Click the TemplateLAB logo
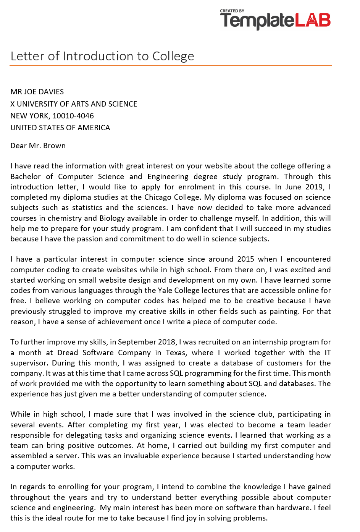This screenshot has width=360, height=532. tap(275, 21)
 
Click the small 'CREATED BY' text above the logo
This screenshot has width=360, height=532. tap(232, 11)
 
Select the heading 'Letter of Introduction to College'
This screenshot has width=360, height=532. tap(102, 56)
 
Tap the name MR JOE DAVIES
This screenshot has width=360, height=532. tap(37, 92)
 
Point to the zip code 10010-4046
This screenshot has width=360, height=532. tap(73, 116)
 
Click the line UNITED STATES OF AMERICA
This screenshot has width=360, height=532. tap(60, 128)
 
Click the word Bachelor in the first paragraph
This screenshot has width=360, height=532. tap(25, 176)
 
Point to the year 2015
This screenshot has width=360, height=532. tap(245, 259)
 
